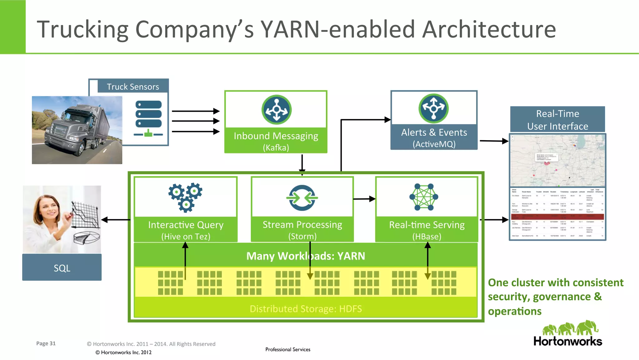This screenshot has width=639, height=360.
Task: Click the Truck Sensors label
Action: (133, 86)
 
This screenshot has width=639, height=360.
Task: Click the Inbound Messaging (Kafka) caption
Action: (276, 141)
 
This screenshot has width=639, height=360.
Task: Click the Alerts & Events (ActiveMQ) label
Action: (434, 138)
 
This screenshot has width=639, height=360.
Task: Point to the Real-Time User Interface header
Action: (558, 120)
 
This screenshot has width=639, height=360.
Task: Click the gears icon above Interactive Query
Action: (186, 197)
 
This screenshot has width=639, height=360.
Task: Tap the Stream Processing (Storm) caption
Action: (302, 230)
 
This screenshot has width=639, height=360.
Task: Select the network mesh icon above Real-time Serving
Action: (424, 197)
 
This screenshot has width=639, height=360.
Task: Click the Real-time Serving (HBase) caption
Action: (427, 230)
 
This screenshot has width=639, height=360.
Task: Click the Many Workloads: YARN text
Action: (305, 256)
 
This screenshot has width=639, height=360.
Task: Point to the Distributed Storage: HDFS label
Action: (306, 308)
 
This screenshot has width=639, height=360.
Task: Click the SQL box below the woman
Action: (62, 268)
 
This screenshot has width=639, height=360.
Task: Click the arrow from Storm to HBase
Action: (364, 199)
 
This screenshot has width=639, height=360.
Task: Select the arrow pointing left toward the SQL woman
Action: (115, 220)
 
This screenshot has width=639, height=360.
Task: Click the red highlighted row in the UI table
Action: (558, 216)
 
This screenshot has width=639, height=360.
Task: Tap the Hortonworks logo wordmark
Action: (568, 341)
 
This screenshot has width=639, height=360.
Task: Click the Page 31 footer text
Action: (46, 343)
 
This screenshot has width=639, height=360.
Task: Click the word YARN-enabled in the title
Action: (338, 29)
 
